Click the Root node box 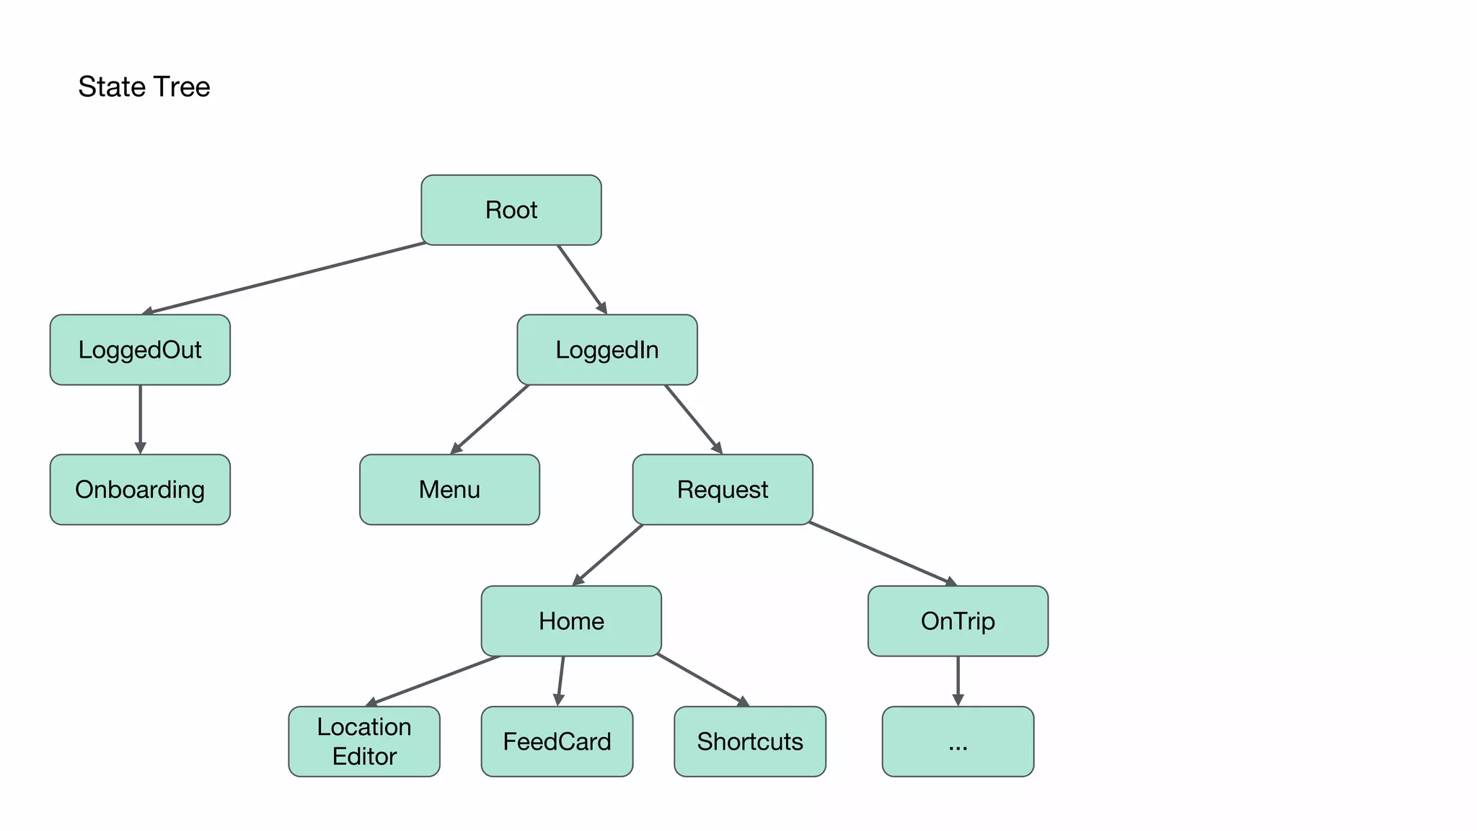[x=511, y=210]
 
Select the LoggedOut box [x=140, y=350]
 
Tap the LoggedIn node [x=607, y=350]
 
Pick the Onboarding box [x=140, y=490]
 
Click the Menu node [x=449, y=490]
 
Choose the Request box [x=722, y=490]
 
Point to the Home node [x=571, y=621]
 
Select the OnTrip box [x=958, y=621]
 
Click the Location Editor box [x=364, y=741]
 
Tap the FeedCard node [x=557, y=742]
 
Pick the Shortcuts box [x=749, y=742]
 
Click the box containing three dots [x=958, y=742]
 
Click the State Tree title [x=144, y=87]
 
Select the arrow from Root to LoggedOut [x=285, y=278]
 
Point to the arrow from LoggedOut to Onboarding [x=140, y=418]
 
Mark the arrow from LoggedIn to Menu [x=490, y=418]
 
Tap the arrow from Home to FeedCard [x=560, y=680]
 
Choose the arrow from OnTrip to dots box [x=958, y=680]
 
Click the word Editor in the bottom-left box [x=364, y=757]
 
